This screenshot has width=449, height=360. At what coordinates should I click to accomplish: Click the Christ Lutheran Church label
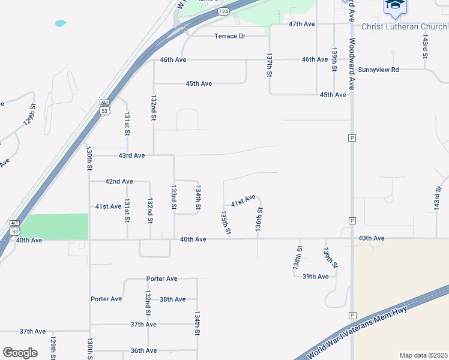pyautogui.click(x=404, y=26)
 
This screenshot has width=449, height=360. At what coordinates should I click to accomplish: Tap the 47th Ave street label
pyautogui.click(x=301, y=24)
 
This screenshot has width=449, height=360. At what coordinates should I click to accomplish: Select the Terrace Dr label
pyautogui.click(x=230, y=36)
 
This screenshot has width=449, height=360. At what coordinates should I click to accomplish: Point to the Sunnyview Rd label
pyautogui.click(x=378, y=70)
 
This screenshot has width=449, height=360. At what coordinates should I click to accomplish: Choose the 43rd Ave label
pyautogui.click(x=131, y=155)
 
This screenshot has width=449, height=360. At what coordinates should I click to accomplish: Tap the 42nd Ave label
pyautogui.click(x=119, y=181)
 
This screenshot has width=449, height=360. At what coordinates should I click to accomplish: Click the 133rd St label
pyautogui.click(x=173, y=197)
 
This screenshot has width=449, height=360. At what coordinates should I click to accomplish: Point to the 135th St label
pyautogui.click(x=225, y=222)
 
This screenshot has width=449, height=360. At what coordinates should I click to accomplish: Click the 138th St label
pyautogui.click(x=297, y=256)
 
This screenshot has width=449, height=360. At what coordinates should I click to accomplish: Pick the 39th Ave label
pyautogui.click(x=315, y=277)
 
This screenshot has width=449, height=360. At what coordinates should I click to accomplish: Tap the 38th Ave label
pyautogui.click(x=172, y=299)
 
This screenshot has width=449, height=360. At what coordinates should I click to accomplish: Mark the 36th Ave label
pyautogui.click(x=143, y=350)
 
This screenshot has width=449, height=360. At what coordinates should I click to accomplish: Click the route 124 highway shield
pyautogui.click(x=223, y=11)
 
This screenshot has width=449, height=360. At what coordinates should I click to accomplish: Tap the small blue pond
pyautogui.click(x=61, y=24)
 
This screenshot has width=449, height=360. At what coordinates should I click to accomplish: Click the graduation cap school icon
pyautogui.click(x=395, y=6)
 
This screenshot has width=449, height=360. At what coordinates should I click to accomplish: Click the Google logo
pyautogui.click(x=20, y=353)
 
